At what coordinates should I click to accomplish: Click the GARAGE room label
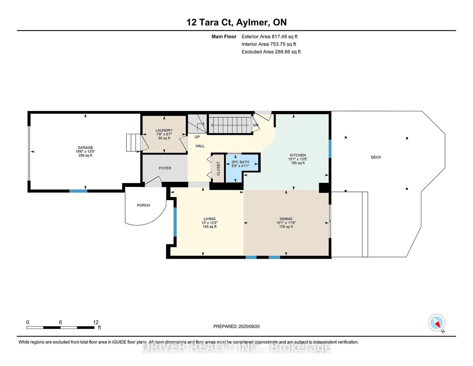tap(85, 147)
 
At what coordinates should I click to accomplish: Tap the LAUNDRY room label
tap(164, 131)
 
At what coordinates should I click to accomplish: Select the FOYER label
tap(165, 168)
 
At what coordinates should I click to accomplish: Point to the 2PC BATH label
tap(240, 162)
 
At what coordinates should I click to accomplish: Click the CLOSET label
tap(218, 169)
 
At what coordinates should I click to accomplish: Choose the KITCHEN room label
tap(298, 155)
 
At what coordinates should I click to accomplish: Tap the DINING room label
tap(286, 219)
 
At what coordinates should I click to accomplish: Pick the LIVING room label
tap(210, 219)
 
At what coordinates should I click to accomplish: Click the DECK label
tap(376, 157)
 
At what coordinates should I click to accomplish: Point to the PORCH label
tap(144, 205)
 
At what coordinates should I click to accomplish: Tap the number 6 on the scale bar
tap(61, 322)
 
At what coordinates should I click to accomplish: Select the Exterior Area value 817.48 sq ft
tap(284, 37)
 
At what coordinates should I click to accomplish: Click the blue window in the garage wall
tap(78, 191)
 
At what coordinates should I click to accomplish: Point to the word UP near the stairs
tap(197, 137)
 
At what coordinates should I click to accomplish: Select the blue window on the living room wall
tap(175, 222)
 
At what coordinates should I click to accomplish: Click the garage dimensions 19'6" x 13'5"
tap(85, 152)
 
